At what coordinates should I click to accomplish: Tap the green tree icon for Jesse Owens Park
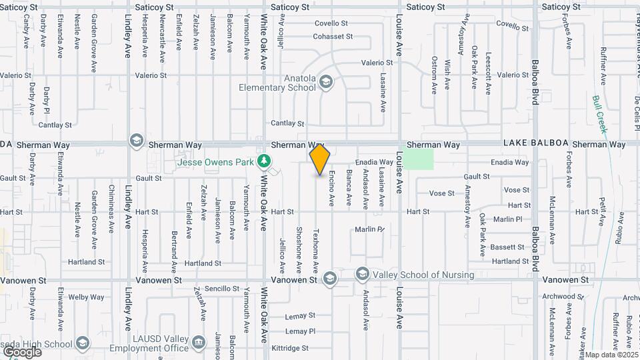tap(265, 161)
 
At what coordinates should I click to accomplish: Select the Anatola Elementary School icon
tap(326, 82)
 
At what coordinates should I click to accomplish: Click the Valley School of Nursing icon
tap(362, 274)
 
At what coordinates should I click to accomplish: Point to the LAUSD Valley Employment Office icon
tap(199, 343)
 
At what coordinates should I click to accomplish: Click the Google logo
tap(22, 352)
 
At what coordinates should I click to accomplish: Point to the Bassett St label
tap(509, 247)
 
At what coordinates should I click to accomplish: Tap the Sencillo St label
tap(222, 289)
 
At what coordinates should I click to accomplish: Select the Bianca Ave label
tap(348, 188)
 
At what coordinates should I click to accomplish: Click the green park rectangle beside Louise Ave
tap(419, 159)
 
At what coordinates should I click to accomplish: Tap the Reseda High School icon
tap(82, 343)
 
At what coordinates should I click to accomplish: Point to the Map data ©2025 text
tap(610, 354)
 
